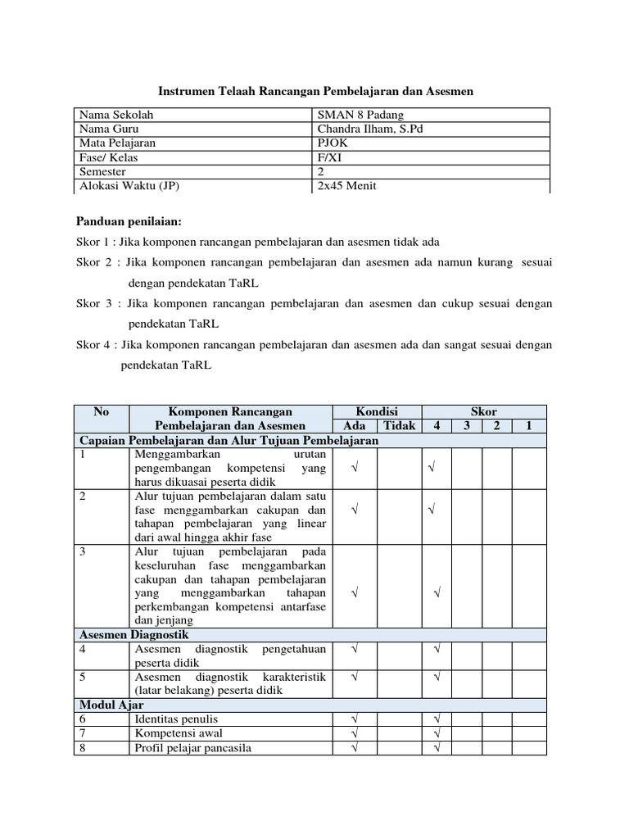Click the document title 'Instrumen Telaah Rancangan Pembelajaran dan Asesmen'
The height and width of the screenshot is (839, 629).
pos(315,93)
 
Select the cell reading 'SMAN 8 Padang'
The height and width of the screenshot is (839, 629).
pos(360,115)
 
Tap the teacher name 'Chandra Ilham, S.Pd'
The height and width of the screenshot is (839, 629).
pos(370,129)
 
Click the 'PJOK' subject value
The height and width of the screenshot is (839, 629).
pos(333,143)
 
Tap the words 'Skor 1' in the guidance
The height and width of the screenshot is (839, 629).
pos(93,242)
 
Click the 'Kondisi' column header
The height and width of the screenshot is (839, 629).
pos(377,411)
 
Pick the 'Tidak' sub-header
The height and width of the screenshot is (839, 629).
pos(400,426)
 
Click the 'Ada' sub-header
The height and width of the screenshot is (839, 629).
pos(355,426)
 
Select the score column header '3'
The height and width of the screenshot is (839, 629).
pos(467,426)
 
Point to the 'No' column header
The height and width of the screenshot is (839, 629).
pos(101,411)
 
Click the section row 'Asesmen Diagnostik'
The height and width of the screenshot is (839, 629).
pos(133,635)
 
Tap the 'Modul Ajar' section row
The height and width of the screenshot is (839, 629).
pos(111,705)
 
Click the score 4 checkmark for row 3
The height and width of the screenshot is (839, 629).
pos(437,592)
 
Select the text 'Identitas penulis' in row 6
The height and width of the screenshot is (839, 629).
pos(177,719)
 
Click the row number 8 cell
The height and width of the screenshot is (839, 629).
pos(83,747)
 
